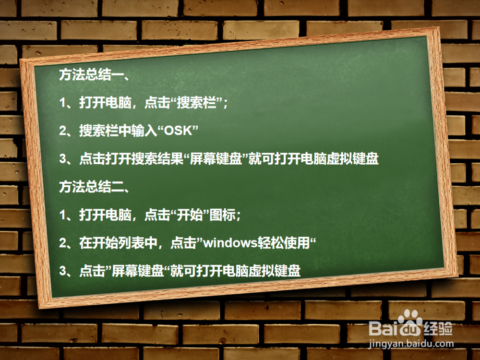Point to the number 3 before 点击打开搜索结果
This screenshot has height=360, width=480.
point(62,159)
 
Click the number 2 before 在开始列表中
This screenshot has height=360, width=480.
point(62,243)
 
